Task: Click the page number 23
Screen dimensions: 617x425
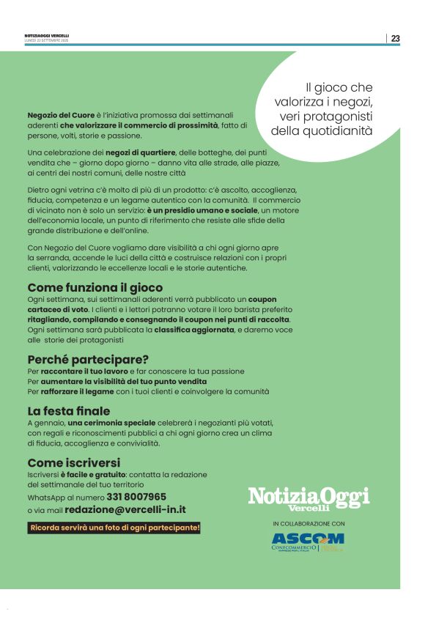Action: point(395,39)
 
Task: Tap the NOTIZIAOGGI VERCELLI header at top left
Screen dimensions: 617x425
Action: point(47,36)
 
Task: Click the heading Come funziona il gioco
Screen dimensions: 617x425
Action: point(95,288)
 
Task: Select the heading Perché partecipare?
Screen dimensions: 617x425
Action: point(88,359)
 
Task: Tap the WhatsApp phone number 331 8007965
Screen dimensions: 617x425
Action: point(136,496)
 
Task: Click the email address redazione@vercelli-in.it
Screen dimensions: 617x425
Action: point(125,509)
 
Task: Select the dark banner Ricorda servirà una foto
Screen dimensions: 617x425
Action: point(114,528)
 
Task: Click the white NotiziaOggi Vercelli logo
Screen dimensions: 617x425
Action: point(308,498)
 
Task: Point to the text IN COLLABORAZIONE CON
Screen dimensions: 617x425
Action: point(308,524)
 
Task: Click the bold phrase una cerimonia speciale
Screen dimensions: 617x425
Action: point(112,424)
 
